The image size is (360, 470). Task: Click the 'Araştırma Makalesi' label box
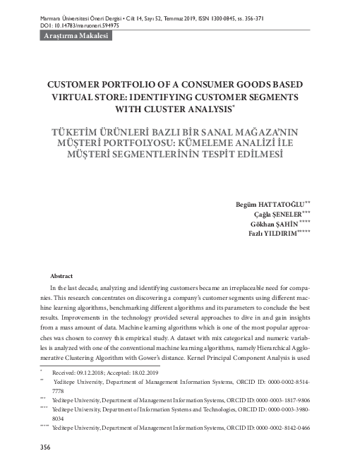[76, 35]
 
